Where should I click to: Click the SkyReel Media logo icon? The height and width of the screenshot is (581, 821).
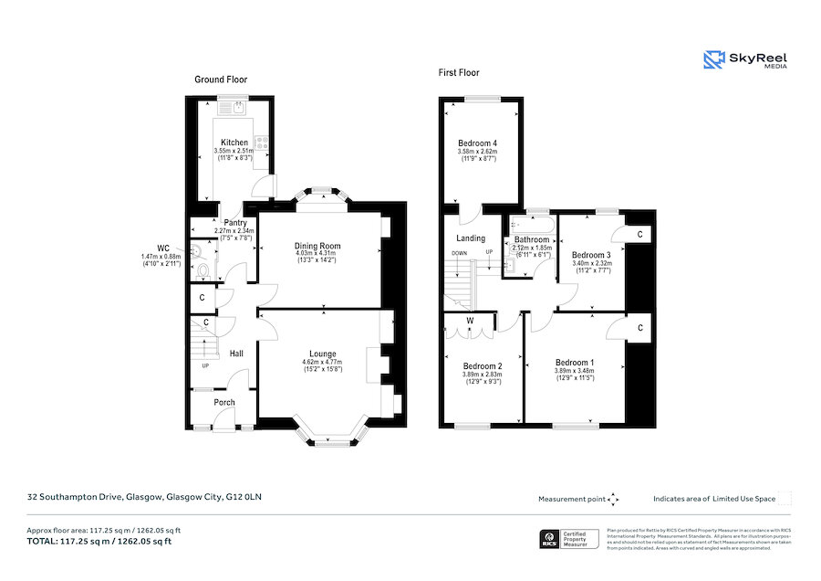(x=713, y=60)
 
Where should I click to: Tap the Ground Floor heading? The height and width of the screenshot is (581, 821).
(x=221, y=79)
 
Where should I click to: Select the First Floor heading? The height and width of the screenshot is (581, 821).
(x=459, y=73)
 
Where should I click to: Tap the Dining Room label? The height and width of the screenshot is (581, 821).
(x=316, y=246)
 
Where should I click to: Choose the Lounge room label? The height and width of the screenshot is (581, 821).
(x=322, y=354)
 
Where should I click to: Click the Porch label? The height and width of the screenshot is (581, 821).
(x=224, y=403)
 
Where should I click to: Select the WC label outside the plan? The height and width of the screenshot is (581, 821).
(x=163, y=247)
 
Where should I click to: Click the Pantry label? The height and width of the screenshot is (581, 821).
(x=236, y=223)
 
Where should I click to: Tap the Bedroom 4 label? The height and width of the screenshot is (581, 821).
(x=477, y=143)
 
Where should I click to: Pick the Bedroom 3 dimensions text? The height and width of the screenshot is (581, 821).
(x=591, y=267)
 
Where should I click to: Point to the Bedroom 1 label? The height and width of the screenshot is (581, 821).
(x=575, y=363)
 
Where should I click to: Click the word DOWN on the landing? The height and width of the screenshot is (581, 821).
(x=461, y=253)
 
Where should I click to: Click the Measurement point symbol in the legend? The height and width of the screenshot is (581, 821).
(x=613, y=499)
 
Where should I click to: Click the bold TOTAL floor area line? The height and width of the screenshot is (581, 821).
(x=100, y=542)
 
